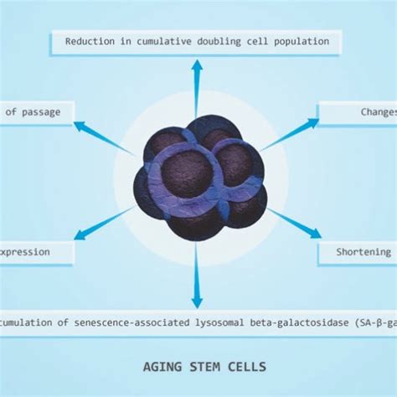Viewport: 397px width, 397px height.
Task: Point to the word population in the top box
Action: coord(302,41)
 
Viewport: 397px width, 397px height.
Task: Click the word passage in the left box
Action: coord(36,111)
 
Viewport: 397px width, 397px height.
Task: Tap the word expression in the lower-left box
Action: coord(24,251)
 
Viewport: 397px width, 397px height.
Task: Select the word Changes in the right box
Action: coord(373,111)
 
